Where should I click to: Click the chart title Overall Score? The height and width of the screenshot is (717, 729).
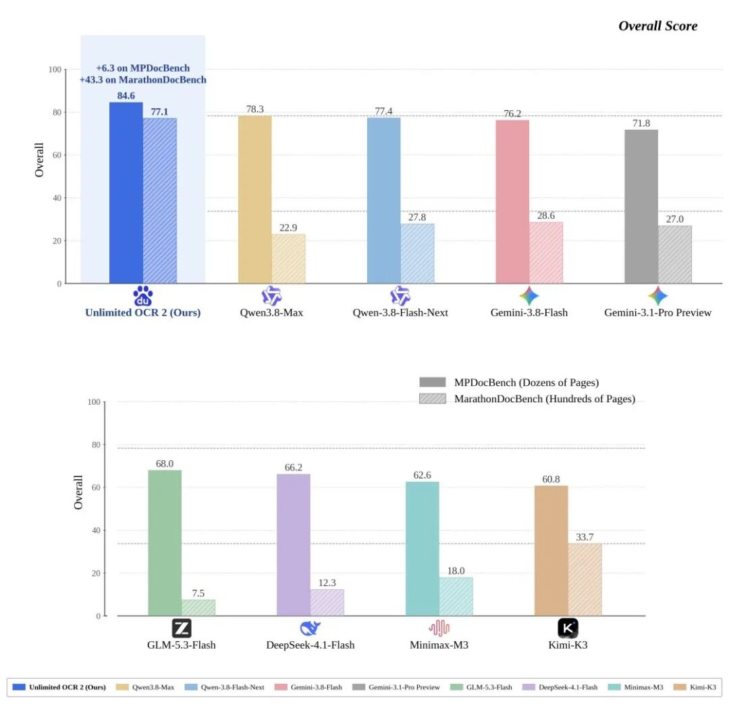657,26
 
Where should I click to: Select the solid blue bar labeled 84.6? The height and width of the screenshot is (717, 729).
126,193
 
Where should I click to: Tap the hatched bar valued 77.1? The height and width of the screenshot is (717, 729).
160,201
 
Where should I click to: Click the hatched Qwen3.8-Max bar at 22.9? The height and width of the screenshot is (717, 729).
288,258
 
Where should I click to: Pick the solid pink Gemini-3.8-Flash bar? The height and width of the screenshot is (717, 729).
512,201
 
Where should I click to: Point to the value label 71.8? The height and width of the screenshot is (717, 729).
641,124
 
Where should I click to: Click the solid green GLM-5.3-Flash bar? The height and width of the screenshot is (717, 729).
165,543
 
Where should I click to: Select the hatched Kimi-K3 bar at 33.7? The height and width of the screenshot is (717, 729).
585,580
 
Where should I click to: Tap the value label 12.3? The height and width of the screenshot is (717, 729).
327,583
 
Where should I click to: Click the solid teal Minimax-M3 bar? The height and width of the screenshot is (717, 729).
422,549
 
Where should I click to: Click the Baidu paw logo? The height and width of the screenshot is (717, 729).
142,295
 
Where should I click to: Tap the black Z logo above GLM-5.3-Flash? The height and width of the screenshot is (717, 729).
182,628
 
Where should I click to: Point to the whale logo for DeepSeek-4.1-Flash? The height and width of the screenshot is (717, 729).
310,628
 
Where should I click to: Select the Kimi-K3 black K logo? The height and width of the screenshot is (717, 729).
568,628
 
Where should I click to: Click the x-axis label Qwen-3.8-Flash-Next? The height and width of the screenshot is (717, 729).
400,312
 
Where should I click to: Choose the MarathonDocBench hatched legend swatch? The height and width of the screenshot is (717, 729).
433,399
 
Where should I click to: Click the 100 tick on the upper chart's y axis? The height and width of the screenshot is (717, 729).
55,70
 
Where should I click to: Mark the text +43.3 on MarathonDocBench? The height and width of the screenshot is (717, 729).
142,80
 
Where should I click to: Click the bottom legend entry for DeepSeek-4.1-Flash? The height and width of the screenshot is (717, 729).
560,687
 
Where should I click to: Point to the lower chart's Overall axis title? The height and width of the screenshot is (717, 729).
78,492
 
